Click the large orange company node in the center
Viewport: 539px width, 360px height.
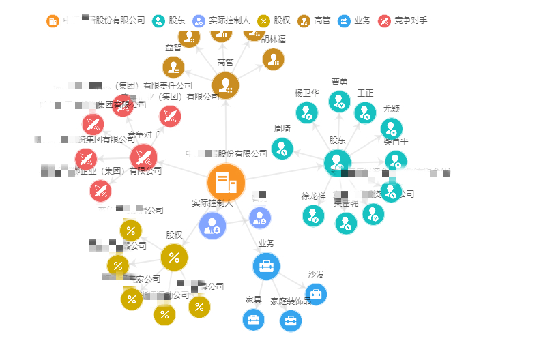click(x=226, y=183)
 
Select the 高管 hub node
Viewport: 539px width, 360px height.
click(x=225, y=86)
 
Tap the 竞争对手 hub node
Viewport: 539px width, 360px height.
click(x=144, y=157)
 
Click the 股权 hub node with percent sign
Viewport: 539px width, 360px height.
click(x=174, y=257)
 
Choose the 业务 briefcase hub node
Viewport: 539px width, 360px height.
click(x=266, y=266)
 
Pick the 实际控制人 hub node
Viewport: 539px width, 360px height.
click(x=213, y=225)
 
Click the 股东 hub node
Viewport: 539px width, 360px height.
click(x=338, y=163)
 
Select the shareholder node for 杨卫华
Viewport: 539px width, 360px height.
click(x=306, y=112)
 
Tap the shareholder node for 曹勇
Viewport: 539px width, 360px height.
click(x=339, y=102)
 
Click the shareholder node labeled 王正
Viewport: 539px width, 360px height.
click(x=365, y=112)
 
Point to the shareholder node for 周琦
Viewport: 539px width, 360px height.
click(x=282, y=148)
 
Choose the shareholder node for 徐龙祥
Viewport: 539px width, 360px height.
click(x=313, y=215)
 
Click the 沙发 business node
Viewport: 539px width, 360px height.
click(x=316, y=294)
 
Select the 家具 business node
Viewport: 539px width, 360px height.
click(x=253, y=319)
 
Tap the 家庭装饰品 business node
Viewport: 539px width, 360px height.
click(x=291, y=320)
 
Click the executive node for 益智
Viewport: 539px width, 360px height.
click(x=173, y=67)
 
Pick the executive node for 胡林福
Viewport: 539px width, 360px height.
click(x=273, y=59)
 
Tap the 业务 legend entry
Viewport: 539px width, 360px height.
click(x=353, y=20)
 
